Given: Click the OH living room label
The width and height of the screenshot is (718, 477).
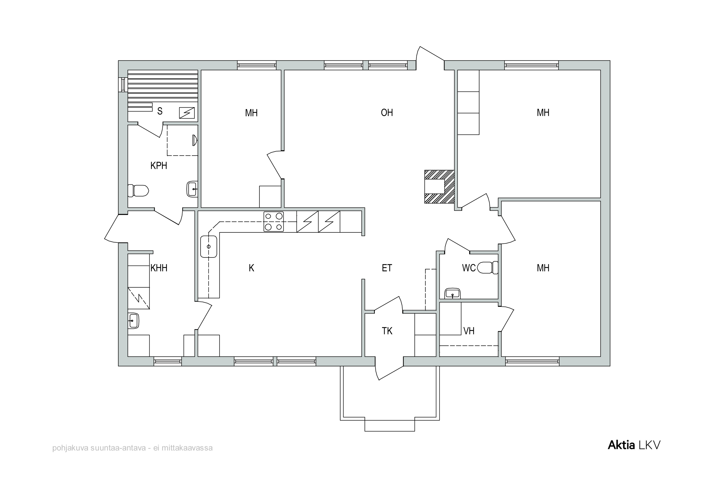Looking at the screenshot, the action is [387, 113].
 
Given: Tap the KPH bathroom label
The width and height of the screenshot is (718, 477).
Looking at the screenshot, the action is [159, 165].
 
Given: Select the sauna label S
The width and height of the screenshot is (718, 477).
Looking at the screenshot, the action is [160, 111].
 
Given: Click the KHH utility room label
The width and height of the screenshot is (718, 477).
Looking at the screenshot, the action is [159, 268].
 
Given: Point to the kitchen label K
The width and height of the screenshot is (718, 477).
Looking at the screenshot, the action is [252, 268].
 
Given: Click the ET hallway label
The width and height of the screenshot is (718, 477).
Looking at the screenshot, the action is [387, 268].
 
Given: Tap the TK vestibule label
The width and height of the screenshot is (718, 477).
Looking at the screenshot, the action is [387, 331].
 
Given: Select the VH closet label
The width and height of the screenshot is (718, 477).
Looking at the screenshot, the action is [469, 331].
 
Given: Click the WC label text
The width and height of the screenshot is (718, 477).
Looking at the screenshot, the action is [469, 268].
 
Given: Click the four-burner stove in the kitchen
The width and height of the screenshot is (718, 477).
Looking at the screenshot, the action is [273, 222].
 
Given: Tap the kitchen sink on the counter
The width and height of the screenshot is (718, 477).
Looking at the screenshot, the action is [209, 247].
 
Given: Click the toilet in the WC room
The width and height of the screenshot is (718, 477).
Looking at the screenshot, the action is [488, 268].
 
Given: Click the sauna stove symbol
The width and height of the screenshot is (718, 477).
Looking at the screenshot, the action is [187, 113].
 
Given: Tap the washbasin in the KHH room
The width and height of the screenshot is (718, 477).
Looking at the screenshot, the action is [133, 321].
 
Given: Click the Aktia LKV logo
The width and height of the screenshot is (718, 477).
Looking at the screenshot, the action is [634, 445].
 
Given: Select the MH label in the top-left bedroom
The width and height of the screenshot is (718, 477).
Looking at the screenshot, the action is [251, 113].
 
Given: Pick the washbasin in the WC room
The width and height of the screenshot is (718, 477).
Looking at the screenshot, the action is [453, 294].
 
